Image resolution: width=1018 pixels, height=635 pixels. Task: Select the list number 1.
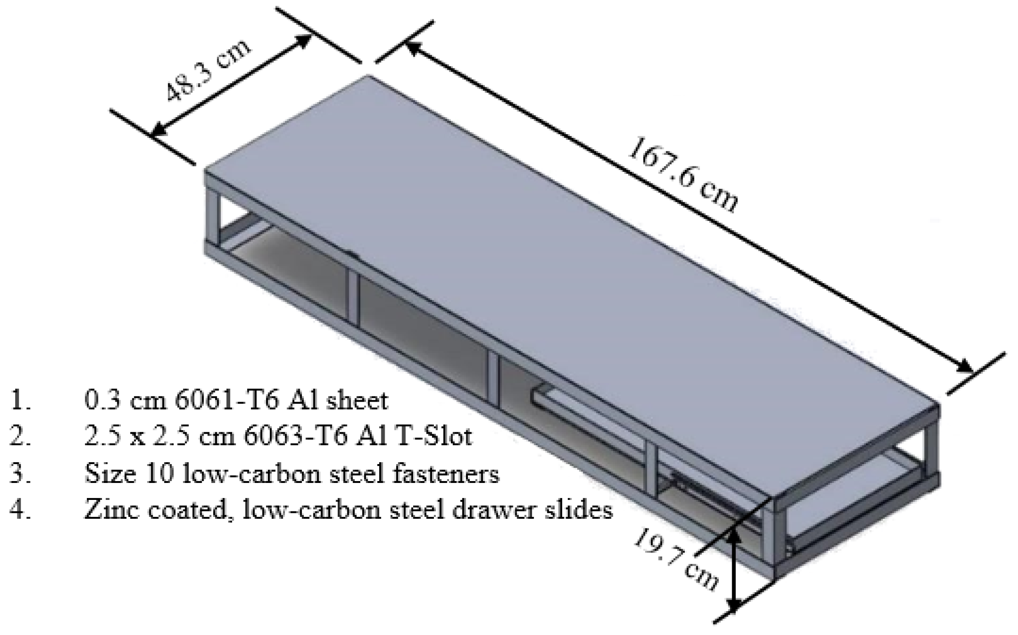click(21, 400)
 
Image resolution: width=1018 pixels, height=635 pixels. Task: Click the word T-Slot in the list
click(437, 436)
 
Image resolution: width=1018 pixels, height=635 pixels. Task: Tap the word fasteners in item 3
click(450, 473)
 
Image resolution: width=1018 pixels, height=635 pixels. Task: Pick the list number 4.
click(21, 510)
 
